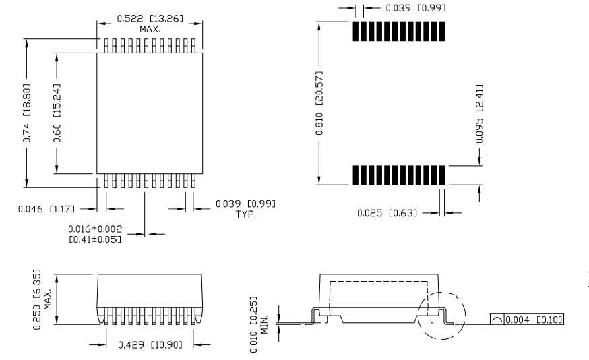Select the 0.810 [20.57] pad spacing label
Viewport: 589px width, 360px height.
coord(321,102)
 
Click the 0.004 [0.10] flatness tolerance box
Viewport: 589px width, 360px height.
coord(527,319)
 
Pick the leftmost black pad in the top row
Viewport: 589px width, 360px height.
coord(355,32)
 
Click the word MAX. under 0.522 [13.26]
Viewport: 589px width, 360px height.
coord(150,30)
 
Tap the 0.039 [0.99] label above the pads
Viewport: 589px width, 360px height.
coord(406,8)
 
